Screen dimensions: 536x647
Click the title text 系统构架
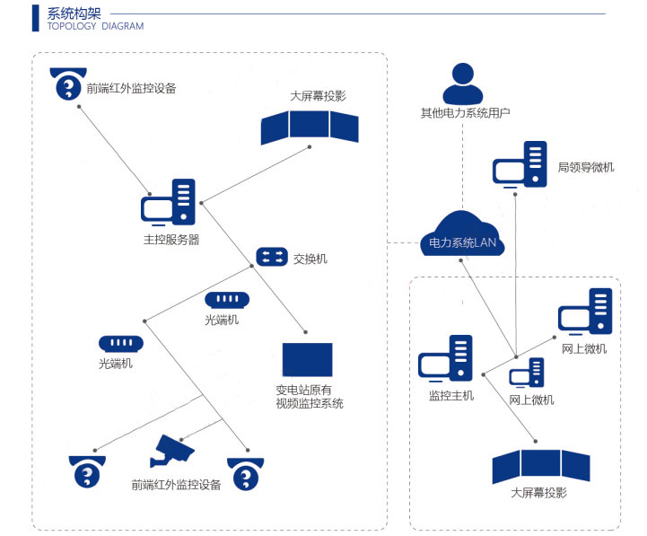point(74,13)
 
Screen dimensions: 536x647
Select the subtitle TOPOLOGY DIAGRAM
point(95,27)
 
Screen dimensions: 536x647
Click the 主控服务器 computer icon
point(168,203)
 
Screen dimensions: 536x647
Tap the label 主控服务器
point(171,240)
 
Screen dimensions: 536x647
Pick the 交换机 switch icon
point(271,258)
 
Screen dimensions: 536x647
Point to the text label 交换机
point(310,259)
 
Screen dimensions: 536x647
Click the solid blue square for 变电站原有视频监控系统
point(307,360)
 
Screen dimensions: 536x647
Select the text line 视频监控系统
point(309,404)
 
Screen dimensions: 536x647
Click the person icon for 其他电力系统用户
point(462,84)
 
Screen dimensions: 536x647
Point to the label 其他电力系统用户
point(466,114)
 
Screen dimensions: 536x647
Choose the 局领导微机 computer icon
point(520,165)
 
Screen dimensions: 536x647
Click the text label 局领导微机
point(586,167)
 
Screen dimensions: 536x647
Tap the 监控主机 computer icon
point(445,359)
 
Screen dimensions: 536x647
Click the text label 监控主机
point(450,396)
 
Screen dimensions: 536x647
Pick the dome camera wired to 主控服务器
point(67,83)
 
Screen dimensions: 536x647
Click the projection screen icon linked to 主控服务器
point(310,127)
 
